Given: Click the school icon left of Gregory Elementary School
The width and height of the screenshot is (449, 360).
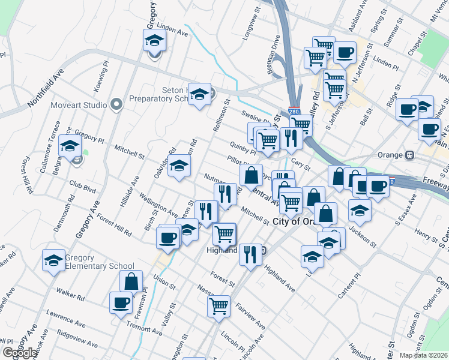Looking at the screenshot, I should pos(53,261).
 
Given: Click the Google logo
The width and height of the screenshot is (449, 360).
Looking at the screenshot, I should pos(20,353).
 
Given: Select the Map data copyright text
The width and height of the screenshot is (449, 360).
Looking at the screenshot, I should pos(423,355).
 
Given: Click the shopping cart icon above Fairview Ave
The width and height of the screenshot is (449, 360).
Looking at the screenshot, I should pos(218,305).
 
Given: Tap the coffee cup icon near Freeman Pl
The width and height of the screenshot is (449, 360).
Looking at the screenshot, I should pos(120,302).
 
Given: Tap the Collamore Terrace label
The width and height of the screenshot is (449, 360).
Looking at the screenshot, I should pos(50,147).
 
